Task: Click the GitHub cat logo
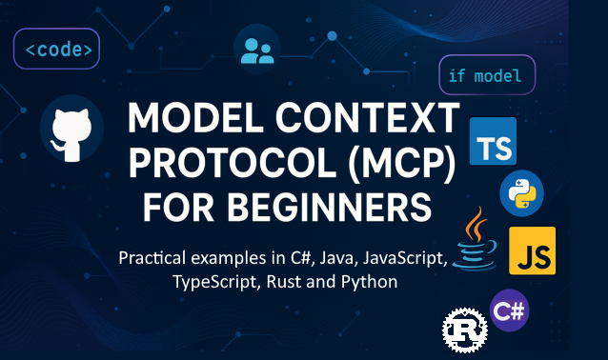tap(71, 130)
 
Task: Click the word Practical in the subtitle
tap(156, 258)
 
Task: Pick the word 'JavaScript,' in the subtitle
tap(399, 258)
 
